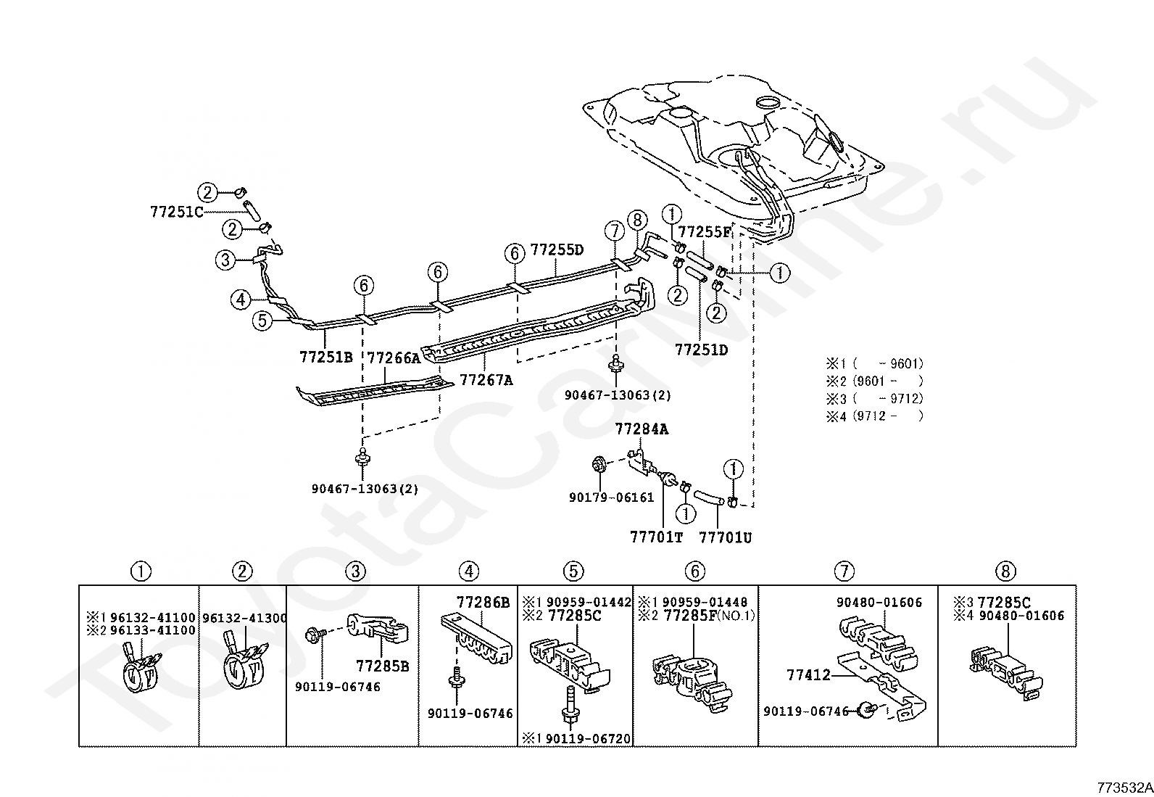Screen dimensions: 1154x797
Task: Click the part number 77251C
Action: tap(177, 212)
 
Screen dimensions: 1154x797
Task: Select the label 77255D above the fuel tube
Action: tap(557, 250)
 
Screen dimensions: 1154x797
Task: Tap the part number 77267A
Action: tap(486, 381)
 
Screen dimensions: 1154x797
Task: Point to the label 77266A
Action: tap(394, 358)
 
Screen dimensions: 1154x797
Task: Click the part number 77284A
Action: tap(642, 429)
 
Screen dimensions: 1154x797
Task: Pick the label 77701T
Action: tap(656, 537)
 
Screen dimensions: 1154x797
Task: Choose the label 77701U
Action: tap(726, 537)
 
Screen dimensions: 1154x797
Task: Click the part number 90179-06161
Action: tap(612, 497)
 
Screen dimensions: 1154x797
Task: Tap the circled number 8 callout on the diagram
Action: tap(637, 220)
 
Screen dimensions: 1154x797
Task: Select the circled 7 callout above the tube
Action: tap(615, 231)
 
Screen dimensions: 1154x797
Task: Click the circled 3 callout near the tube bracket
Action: tap(225, 260)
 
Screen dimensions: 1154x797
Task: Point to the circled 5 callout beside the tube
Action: tap(262, 321)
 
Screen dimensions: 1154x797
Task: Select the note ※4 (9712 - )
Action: tap(875, 416)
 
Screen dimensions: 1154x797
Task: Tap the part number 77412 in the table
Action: tap(809, 675)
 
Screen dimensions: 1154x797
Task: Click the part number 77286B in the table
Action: tap(483, 602)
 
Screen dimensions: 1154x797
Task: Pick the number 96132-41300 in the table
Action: tap(244, 618)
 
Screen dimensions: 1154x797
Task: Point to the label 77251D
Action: tap(702, 350)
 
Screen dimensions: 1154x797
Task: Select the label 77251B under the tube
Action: tap(326, 357)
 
